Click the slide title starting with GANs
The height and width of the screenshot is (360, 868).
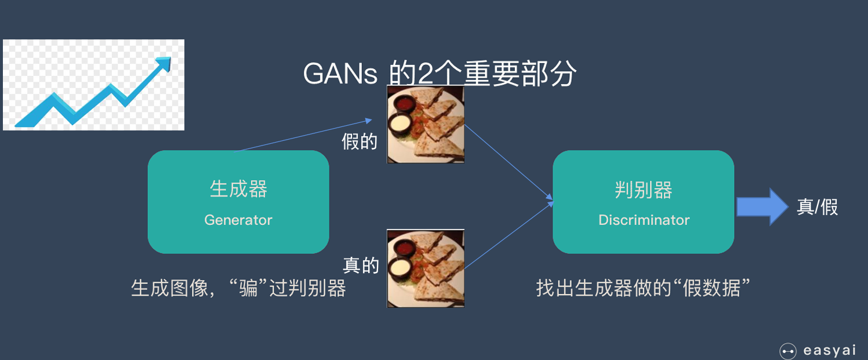pyautogui.click(x=440, y=74)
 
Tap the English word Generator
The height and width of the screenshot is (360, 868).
pyautogui.click(x=238, y=220)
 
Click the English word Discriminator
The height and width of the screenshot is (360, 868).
pyautogui.click(x=644, y=220)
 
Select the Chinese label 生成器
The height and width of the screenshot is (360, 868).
pyautogui.click(x=238, y=190)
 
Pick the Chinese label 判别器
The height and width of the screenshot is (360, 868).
pyautogui.click(x=644, y=190)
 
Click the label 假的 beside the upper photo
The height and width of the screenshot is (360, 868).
pyautogui.click(x=359, y=141)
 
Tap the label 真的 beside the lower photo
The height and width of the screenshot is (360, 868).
pyautogui.click(x=361, y=266)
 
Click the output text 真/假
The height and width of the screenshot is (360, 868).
pyautogui.click(x=818, y=207)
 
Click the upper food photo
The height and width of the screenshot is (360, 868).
pyautogui.click(x=426, y=124)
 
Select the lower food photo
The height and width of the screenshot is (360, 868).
pyautogui.click(x=426, y=268)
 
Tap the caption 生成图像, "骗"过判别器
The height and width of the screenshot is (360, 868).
pyautogui.click(x=238, y=288)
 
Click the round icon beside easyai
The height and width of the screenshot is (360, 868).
pyautogui.click(x=788, y=351)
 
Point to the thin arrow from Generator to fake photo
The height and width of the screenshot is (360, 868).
pyautogui.click(x=304, y=135)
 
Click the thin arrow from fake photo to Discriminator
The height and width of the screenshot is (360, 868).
pyautogui.click(x=507, y=162)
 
